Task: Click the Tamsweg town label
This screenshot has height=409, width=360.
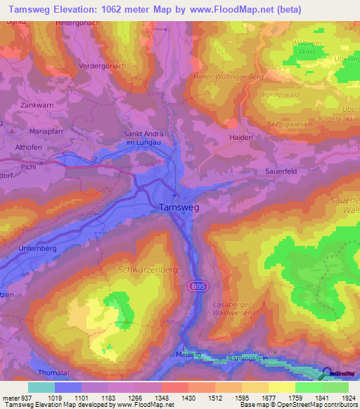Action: pos(179,207)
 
